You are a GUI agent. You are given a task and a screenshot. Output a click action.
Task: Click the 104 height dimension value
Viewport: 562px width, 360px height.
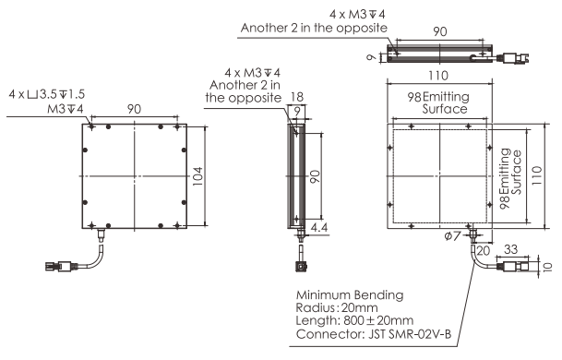point(197,176)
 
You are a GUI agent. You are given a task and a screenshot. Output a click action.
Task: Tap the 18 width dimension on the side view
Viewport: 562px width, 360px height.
point(297,97)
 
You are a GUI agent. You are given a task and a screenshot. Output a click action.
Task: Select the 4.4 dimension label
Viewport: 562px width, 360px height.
point(319,227)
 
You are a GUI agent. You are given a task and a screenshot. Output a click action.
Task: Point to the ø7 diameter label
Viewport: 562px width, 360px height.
point(452,236)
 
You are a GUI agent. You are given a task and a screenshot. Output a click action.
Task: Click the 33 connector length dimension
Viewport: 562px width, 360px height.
point(510,249)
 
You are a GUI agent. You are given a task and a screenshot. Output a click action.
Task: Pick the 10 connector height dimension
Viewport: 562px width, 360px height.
point(548,267)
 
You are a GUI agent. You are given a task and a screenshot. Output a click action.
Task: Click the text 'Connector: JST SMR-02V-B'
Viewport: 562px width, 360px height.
point(374,334)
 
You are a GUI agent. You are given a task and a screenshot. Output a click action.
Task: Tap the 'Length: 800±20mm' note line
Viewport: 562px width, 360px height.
point(354,320)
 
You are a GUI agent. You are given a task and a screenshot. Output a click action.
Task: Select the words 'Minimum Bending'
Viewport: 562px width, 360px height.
point(350,294)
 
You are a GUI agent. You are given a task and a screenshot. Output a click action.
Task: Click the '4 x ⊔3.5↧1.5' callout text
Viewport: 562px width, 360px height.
point(46,94)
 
